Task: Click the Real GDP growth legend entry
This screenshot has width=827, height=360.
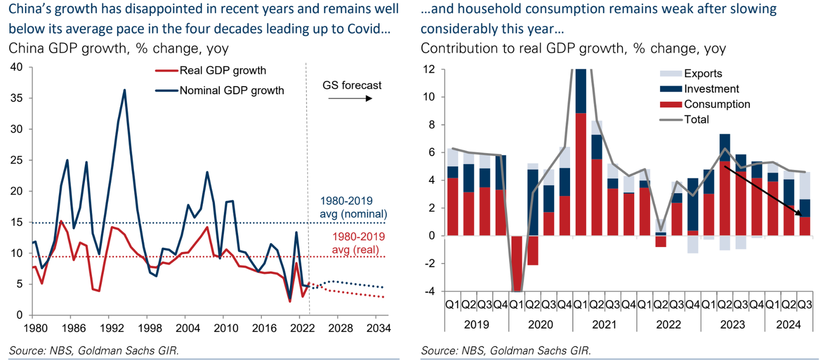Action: pyautogui.click(x=223, y=71)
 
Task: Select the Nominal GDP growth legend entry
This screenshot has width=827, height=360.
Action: pyautogui.click(x=232, y=90)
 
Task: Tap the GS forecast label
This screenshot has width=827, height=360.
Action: pyautogui.click(x=352, y=85)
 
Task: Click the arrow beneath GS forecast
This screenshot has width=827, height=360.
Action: pyautogui.click(x=350, y=99)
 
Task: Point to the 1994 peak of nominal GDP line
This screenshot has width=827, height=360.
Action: pyautogui.click(x=125, y=90)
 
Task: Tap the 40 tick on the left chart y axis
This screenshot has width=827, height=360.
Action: pyautogui.click(x=15, y=67)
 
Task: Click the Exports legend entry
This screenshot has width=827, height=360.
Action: pyautogui.click(x=702, y=73)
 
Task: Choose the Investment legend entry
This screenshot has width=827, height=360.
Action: pyautogui.click(x=711, y=89)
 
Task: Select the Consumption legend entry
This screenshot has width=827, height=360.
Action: pyautogui.click(x=717, y=104)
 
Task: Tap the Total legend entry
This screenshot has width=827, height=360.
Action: pyautogui.click(x=696, y=119)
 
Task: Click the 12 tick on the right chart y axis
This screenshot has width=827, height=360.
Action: pyautogui.click(x=428, y=69)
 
